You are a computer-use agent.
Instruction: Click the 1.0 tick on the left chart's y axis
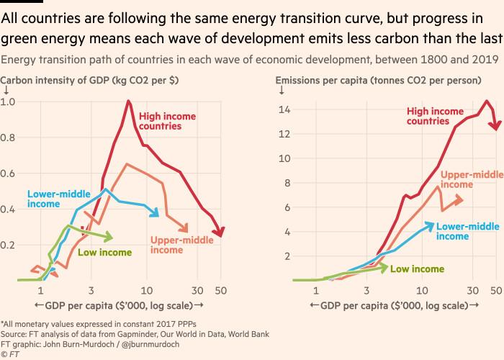pyautogui.click(x=9, y=102)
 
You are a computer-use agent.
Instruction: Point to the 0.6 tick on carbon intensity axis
pyautogui.click(x=9, y=174)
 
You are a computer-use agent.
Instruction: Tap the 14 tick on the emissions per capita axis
pyautogui.click(x=285, y=109)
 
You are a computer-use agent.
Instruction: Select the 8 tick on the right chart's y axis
pyautogui.click(x=287, y=182)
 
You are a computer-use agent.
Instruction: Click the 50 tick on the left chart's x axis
pyautogui.click(x=221, y=291)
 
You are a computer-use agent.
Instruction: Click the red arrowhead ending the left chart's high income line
pyautogui.click(x=220, y=232)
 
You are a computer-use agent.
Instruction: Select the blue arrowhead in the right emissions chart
pyautogui.click(x=430, y=225)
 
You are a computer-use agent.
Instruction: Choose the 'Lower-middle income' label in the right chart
pyautogui.click(x=467, y=231)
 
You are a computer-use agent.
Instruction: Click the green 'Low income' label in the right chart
pyautogui.click(x=418, y=269)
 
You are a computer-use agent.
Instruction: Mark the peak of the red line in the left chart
pyautogui.click(x=128, y=101)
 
